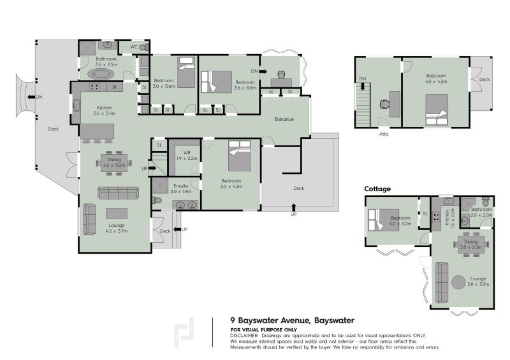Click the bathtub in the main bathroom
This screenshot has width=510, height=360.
pyautogui.click(x=99, y=75)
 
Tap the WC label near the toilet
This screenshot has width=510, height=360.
pyautogui.click(x=134, y=47)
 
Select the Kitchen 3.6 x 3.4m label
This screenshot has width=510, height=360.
pyautogui.click(x=104, y=110)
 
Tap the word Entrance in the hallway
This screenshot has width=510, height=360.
pyautogui.click(x=284, y=120)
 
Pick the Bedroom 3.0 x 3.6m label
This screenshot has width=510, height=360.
pyautogui.click(x=164, y=83)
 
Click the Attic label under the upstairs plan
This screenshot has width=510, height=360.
pyautogui.click(x=383, y=134)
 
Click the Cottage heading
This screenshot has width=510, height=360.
pyautogui.click(x=377, y=189)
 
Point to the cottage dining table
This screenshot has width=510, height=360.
pyautogui.click(x=471, y=243)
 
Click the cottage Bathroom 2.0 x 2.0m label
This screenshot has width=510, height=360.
pyautogui.click(x=481, y=212)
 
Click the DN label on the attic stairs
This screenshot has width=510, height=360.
pyautogui.click(x=363, y=78)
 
